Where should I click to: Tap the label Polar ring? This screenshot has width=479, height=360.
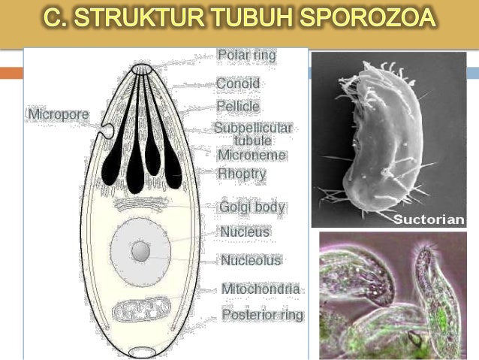[246, 55]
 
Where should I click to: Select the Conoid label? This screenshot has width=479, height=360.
[237, 83]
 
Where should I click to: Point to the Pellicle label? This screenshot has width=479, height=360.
[238, 107]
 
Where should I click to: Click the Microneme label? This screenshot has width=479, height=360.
[252, 155]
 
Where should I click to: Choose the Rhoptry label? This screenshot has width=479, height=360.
[242, 174]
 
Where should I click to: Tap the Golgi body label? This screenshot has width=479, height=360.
[252, 207]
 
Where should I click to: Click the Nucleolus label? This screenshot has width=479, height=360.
[251, 261]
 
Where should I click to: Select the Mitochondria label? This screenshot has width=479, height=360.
[261, 289]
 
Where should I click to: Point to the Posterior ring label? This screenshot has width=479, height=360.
[262, 315]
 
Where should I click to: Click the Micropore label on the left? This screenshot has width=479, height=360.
[58, 114]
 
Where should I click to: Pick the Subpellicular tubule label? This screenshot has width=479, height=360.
[252, 134]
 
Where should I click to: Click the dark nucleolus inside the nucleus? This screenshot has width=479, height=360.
[140, 251]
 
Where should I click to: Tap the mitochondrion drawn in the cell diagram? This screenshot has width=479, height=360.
[142, 309]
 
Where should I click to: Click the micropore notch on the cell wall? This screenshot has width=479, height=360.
[109, 132]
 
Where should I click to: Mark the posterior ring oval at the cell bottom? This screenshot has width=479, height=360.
[141, 351]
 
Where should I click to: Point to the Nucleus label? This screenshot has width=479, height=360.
[245, 232]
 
